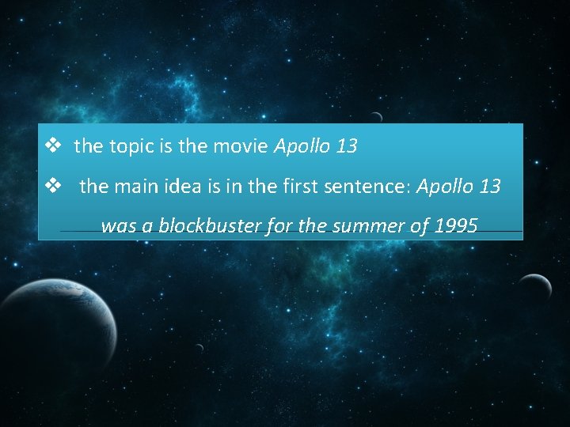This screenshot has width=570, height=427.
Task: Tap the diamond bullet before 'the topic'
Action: [54, 146]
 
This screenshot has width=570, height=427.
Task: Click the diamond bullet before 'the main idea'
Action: [54, 187]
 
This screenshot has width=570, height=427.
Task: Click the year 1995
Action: [455, 227]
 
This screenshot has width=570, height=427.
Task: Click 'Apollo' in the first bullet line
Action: [302, 147]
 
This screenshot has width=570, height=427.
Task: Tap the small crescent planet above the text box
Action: [377, 117]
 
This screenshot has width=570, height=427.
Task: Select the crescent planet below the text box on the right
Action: [537, 286]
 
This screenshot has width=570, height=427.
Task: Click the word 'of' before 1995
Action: [419, 227]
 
